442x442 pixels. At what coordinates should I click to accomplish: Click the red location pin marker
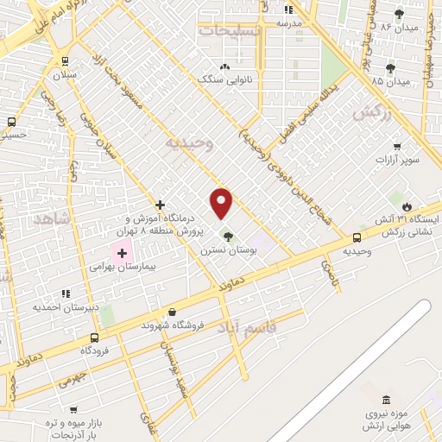(x=222, y=204)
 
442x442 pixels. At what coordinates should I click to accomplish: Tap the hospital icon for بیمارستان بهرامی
(x=122, y=254)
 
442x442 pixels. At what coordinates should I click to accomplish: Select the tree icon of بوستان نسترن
(x=228, y=236)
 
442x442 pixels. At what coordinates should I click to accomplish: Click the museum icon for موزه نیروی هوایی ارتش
(x=385, y=401)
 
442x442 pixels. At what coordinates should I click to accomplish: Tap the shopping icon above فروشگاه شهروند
(x=173, y=313)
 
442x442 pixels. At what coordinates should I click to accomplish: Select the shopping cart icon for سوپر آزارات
(x=397, y=146)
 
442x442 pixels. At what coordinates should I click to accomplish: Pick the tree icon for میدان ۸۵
(x=391, y=66)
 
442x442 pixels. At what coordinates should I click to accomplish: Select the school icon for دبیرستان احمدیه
(x=68, y=294)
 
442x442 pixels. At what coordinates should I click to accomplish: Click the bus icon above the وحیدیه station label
(x=357, y=237)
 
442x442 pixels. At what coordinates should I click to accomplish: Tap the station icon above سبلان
(x=65, y=61)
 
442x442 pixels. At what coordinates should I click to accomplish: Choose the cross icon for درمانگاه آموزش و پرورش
(x=161, y=205)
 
